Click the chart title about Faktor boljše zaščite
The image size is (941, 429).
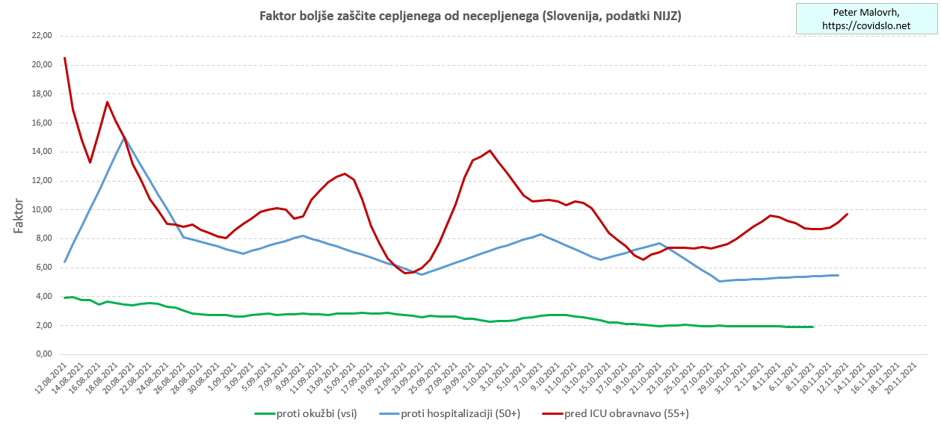470,16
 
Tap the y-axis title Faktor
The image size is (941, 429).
19,217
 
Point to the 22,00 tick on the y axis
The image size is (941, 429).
40,36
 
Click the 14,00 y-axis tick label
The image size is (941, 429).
40,152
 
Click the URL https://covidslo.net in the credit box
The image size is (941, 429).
866,25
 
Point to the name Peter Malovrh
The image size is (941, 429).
866,13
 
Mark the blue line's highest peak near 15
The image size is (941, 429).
124,138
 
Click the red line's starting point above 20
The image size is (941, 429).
65,58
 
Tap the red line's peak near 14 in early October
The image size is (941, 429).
490,150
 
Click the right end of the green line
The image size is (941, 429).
812,327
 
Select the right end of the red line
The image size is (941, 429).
847,214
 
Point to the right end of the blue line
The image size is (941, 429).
838,275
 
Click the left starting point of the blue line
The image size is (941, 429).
65,262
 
